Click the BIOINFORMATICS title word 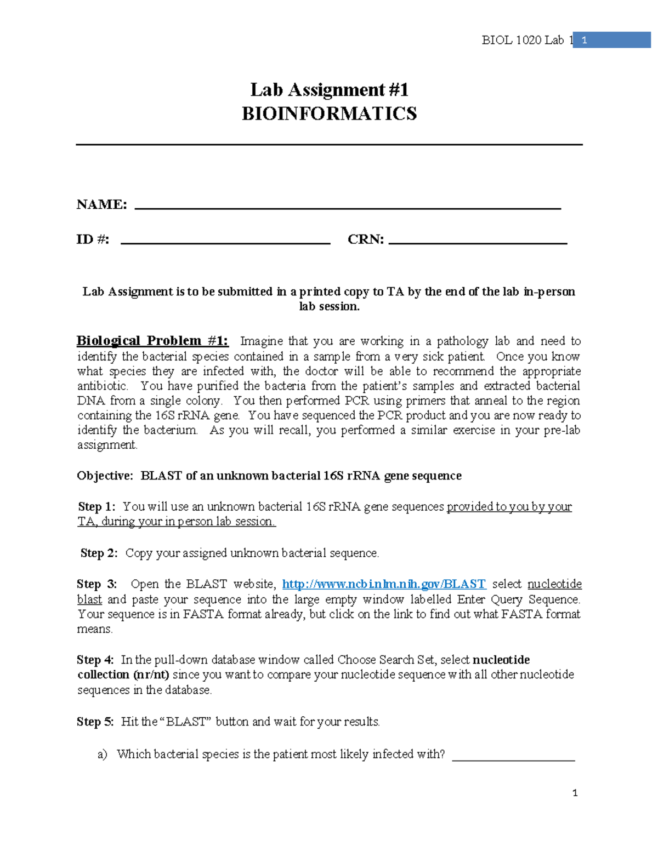[x=329, y=114]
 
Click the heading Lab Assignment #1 [x=329, y=90]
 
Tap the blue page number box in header [x=611, y=40]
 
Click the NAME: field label [x=102, y=205]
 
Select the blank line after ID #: [x=225, y=242]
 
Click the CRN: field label [x=366, y=239]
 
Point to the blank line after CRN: [x=477, y=242]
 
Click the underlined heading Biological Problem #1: [x=152, y=341]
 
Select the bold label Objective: [x=105, y=476]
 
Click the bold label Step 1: [x=97, y=506]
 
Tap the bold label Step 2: [x=99, y=553]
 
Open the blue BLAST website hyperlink [x=384, y=584]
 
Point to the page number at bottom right [x=575, y=793]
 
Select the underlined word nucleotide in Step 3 [x=554, y=584]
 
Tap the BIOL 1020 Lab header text [x=523, y=40]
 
